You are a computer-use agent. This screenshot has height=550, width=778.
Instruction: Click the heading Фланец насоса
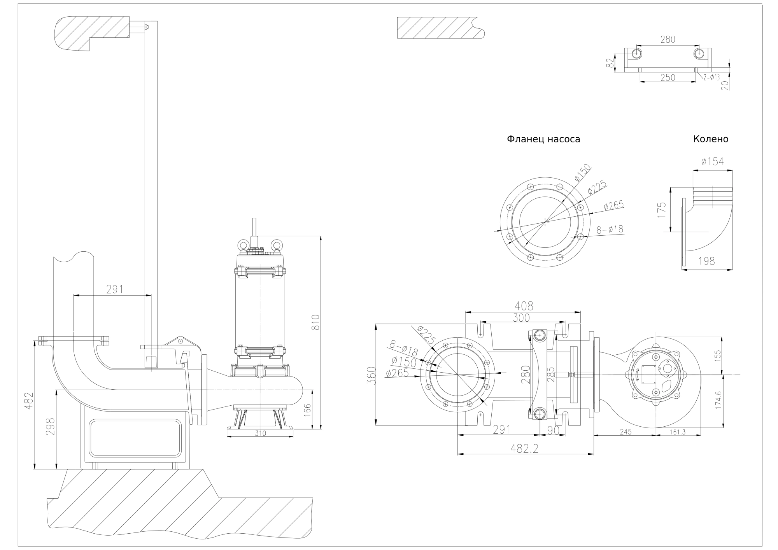(543, 139)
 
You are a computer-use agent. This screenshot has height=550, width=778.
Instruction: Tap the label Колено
(710, 139)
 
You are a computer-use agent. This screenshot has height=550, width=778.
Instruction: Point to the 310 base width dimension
(261, 433)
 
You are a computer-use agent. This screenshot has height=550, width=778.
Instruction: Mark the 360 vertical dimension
(372, 375)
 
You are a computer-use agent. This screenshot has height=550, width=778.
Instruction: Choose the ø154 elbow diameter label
(712, 161)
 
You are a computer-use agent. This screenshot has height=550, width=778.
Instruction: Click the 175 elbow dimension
(662, 210)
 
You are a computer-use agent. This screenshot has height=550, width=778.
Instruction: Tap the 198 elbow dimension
(706, 261)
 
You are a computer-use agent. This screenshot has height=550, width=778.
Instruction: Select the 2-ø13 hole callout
(711, 77)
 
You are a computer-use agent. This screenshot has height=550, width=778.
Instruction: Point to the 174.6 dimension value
(718, 400)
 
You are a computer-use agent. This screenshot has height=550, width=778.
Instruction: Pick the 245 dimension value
(626, 432)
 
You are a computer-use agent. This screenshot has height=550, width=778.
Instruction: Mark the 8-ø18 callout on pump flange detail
(610, 229)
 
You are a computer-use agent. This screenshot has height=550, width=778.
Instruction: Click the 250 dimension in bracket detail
(668, 77)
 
